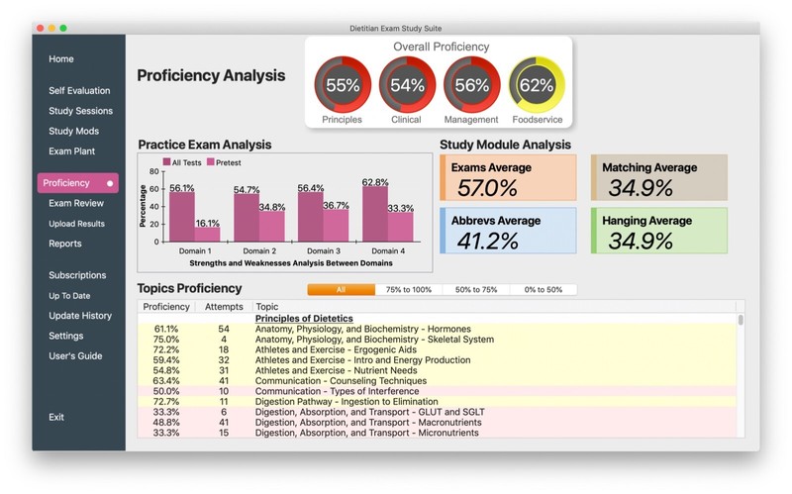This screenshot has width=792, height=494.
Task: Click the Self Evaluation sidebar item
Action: coord(79,90)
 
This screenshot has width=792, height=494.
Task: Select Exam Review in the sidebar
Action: coord(76,203)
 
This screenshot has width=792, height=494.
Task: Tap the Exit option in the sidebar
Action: coord(56,417)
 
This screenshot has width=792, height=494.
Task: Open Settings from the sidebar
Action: coord(65,336)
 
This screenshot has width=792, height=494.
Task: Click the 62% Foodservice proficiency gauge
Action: coord(537,84)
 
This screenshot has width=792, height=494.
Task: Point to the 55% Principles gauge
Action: coord(343,84)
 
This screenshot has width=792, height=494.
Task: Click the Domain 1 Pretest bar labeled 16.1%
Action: coord(207,235)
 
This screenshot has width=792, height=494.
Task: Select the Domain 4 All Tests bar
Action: coord(375,214)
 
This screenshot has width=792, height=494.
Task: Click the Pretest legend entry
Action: coord(224,162)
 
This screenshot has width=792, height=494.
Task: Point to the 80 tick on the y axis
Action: coord(153,171)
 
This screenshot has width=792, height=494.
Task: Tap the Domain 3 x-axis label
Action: coord(324,251)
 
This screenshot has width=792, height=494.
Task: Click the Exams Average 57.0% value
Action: coord(487,188)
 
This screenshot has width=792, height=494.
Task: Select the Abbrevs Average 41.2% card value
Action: coord(487,241)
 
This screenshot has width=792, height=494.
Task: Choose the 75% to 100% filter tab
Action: coord(409,289)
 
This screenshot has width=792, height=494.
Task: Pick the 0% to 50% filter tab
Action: coord(543,289)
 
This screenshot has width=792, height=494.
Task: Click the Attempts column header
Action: coord(224,307)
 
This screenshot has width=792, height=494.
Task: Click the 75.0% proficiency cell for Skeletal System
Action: coord(165,340)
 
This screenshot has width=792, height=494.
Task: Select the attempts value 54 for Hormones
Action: coord(224,329)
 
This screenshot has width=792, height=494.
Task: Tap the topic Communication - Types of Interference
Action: coord(337,391)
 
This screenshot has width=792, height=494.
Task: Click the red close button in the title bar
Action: coord(41,29)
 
